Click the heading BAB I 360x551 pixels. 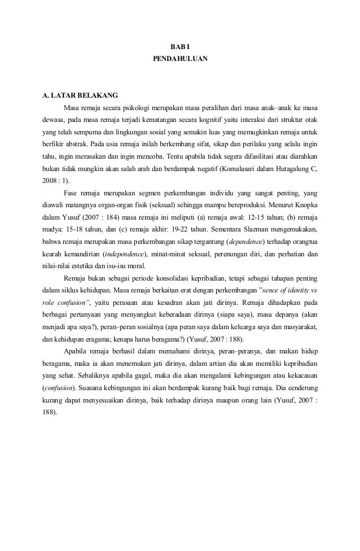(180, 45)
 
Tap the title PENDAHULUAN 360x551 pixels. (180, 58)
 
